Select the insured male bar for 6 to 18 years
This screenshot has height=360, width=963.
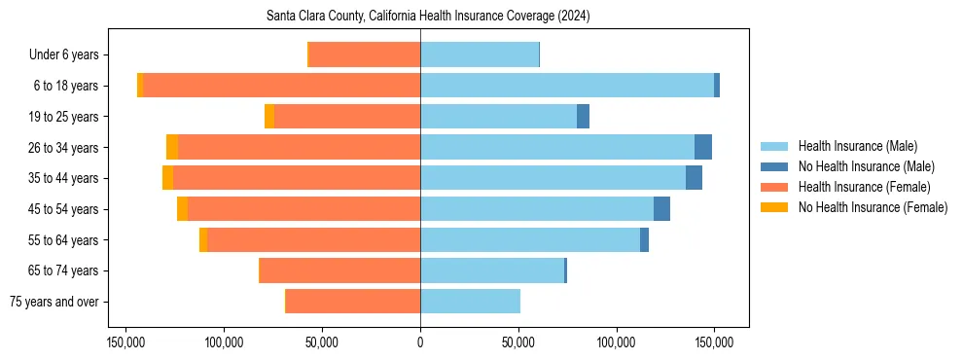click(566, 86)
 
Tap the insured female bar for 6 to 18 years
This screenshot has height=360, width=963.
click(282, 86)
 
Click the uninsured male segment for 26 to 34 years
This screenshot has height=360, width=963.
click(703, 147)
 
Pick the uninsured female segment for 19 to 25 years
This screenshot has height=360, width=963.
click(269, 117)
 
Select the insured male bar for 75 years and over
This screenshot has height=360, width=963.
click(470, 302)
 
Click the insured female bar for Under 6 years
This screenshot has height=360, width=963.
click(365, 54)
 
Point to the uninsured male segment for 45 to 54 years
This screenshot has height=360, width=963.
click(661, 209)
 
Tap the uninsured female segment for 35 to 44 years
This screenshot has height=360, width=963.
click(167, 178)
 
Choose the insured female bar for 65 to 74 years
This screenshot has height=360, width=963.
click(340, 270)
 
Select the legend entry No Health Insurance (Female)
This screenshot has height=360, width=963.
click(873, 207)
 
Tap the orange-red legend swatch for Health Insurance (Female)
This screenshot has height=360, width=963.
click(774, 187)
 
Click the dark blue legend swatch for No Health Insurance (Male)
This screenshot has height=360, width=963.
click(774, 166)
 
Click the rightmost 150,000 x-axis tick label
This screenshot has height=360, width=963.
click(714, 343)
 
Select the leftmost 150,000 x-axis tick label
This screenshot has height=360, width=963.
click(126, 343)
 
